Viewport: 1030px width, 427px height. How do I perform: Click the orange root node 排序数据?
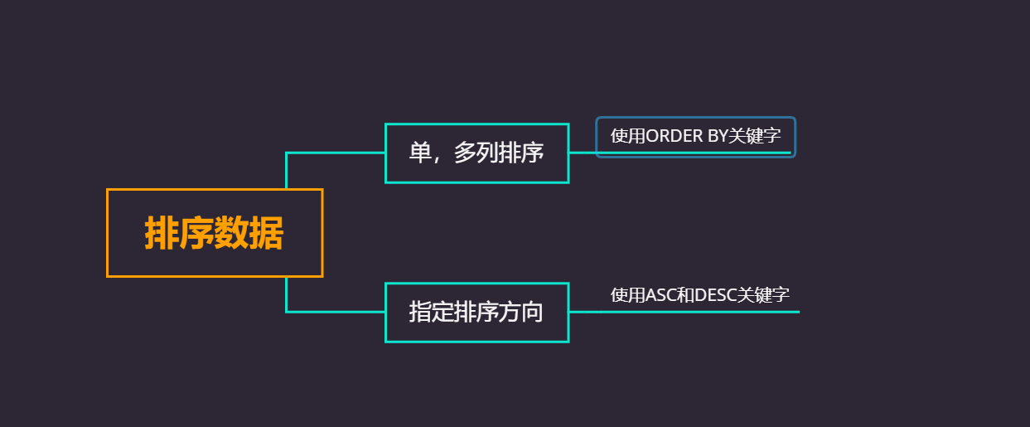[214, 233]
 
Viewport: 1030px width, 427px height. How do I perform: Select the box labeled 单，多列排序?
[476, 153]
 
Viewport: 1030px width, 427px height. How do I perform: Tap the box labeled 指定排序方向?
[476, 312]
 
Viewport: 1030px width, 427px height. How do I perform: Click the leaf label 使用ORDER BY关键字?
[695, 136]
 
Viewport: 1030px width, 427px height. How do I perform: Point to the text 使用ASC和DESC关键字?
[699, 294]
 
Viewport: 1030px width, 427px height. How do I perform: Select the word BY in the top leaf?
[717, 136]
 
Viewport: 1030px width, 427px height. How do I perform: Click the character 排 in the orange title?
[162, 233]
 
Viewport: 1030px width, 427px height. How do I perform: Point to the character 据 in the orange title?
[266, 233]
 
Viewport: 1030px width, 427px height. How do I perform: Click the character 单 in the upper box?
[420, 153]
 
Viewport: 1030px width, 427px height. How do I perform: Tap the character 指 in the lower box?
[420, 312]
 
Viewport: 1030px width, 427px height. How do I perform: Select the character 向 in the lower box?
[532, 312]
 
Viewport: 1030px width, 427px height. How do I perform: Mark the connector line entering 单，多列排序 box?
[336, 153]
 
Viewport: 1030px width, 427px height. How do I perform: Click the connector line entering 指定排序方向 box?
[336, 312]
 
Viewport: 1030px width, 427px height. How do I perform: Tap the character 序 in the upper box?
[532, 153]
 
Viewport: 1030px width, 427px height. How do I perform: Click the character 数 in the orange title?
[231, 233]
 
